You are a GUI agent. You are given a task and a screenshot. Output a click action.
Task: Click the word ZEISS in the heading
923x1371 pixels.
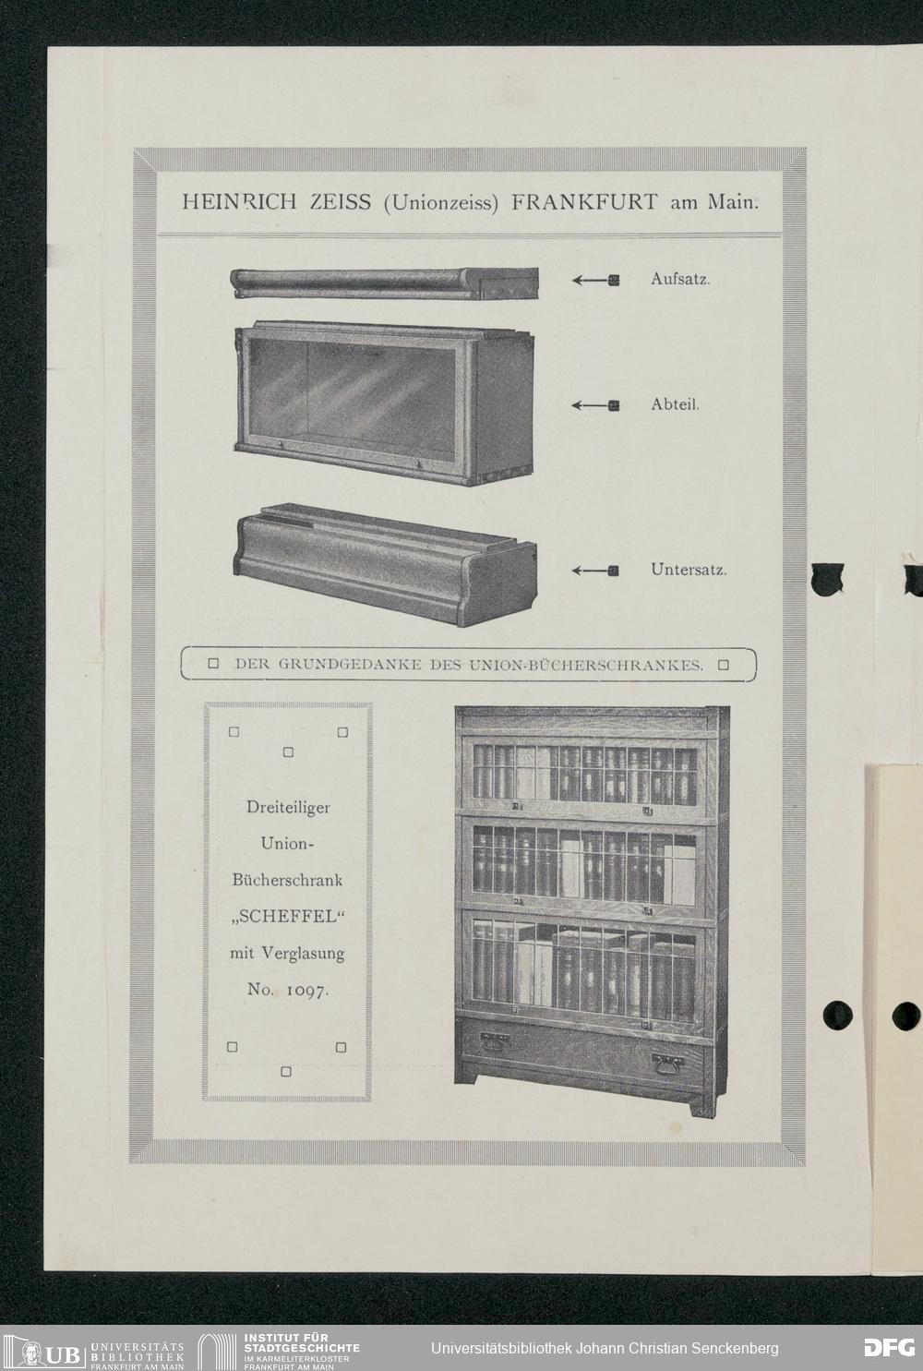pyautogui.click(x=341, y=202)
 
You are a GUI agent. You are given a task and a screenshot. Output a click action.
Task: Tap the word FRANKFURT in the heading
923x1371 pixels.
pyautogui.click(x=584, y=202)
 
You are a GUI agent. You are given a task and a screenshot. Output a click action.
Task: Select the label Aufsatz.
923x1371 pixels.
pyautogui.click(x=680, y=279)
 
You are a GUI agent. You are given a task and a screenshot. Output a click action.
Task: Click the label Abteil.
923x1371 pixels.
pyautogui.click(x=675, y=404)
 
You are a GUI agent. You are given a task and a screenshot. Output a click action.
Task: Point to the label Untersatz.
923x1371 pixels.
pyautogui.click(x=689, y=570)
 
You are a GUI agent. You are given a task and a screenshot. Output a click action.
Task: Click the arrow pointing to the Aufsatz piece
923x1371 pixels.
pyautogui.click(x=595, y=281)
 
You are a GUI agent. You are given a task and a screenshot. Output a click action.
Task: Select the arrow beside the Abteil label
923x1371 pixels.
pyautogui.click(x=595, y=405)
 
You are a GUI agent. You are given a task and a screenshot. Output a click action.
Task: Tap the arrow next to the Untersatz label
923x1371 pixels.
pyautogui.click(x=595, y=571)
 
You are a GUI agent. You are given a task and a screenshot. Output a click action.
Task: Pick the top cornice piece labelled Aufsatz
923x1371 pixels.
pyautogui.click(x=384, y=283)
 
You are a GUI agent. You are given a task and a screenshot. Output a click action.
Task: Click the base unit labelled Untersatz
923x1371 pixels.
pyautogui.click(x=385, y=565)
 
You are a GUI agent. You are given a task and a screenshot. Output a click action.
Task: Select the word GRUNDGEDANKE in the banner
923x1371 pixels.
pyautogui.click(x=350, y=665)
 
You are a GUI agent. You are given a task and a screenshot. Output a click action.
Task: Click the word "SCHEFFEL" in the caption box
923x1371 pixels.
pyautogui.click(x=288, y=917)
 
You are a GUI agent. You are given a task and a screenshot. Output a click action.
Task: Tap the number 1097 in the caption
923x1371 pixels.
pyautogui.click(x=308, y=990)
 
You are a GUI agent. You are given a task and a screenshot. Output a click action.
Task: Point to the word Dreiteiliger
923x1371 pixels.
pyautogui.click(x=288, y=807)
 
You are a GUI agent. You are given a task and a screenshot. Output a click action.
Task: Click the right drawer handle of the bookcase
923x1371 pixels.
pyautogui.click(x=667, y=1064)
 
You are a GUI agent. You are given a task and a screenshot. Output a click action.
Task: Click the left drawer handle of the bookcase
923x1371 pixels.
pyautogui.click(x=495, y=1040)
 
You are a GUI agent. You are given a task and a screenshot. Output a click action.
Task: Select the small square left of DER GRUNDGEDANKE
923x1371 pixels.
pyautogui.click(x=213, y=664)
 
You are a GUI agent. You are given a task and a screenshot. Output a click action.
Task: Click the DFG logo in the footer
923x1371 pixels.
pyautogui.click(x=889, y=1348)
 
